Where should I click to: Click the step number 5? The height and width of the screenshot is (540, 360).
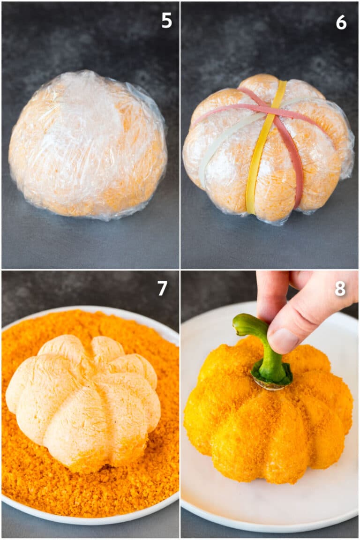tap(166, 20)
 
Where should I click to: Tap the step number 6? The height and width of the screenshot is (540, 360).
tap(341, 22)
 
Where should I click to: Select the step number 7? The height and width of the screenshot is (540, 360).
tap(162, 288)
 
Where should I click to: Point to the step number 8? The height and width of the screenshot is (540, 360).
tap(340, 289)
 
